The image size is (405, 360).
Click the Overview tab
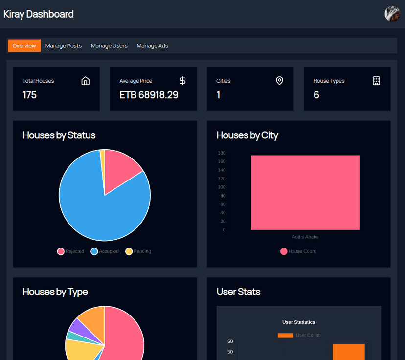pyautogui.click(x=24, y=45)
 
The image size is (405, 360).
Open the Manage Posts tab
pyautogui.click(x=63, y=45)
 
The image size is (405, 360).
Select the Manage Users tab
pyautogui.click(x=109, y=45)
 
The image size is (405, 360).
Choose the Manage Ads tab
pyautogui.click(x=152, y=45)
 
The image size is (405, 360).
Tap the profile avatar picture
pyautogui.click(x=392, y=14)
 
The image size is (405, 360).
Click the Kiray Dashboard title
pyautogui.click(x=39, y=14)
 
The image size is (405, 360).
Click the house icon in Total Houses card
pyautogui.click(x=86, y=81)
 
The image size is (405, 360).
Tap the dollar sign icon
pyautogui.click(x=182, y=81)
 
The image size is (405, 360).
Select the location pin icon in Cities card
pyautogui.click(x=279, y=81)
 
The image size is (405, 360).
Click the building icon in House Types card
pyautogui.click(x=376, y=81)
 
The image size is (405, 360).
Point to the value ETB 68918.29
pyautogui.click(x=149, y=95)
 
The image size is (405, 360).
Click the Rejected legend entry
pyautogui.click(x=70, y=251)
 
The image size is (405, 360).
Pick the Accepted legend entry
pyautogui.click(x=105, y=251)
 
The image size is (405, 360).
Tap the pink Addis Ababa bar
pyautogui.click(x=305, y=192)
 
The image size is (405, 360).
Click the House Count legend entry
pyautogui.click(x=298, y=251)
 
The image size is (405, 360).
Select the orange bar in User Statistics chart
pyautogui.click(x=348, y=352)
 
